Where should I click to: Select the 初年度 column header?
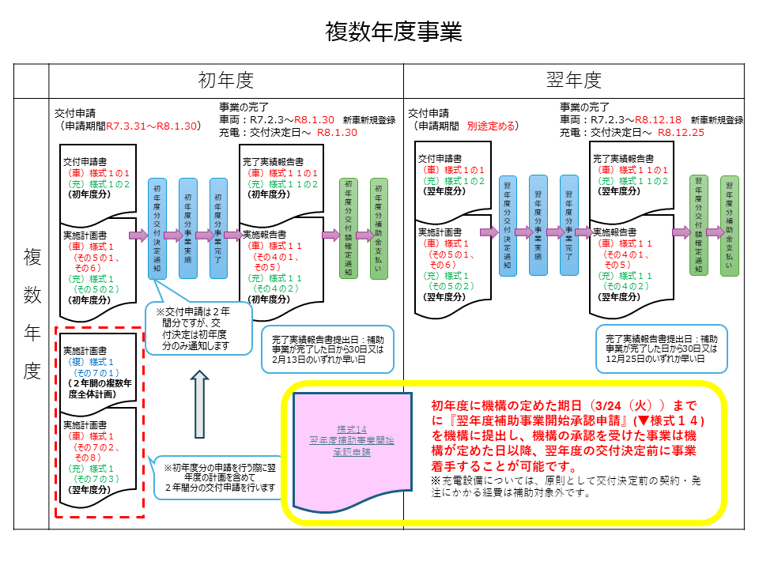point(225,80)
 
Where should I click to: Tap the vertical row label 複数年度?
point(32,314)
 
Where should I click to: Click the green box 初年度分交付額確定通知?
point(347,228)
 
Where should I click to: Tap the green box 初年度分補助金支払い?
point(379,228)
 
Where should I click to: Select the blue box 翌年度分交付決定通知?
point(508,225)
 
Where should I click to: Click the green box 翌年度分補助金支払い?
point(730,225)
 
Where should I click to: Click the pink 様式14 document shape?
point(353,447)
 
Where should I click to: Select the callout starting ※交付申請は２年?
point(198,329)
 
